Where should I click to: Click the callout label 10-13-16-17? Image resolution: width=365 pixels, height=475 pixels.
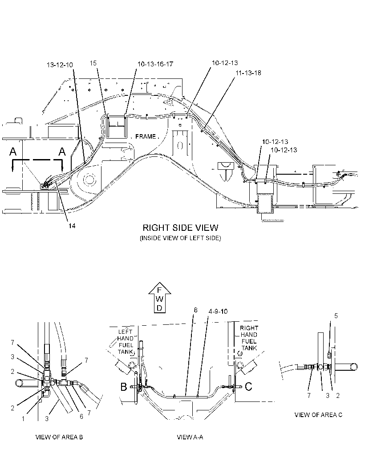pos(155,64)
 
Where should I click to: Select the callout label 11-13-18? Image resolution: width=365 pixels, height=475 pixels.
pos(248,73)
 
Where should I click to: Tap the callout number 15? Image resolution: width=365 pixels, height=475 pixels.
pos(93,63)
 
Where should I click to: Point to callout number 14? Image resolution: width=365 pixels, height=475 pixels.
pos(72,225)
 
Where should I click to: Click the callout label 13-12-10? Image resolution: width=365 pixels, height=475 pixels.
pos(60,65)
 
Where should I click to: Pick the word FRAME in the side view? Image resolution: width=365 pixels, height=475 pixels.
pos(146,137)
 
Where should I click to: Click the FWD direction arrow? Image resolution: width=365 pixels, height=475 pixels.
pos(160,298)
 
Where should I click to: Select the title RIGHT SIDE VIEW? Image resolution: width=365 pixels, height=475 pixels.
pos(180,228)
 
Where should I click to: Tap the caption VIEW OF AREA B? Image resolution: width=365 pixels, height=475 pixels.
pos(59,437)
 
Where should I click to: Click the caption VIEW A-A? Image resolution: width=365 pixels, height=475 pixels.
pos(190,437)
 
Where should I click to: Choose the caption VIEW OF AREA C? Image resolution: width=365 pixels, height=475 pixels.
pos(318,415)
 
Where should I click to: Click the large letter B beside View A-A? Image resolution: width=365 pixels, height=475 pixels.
pos(124,387)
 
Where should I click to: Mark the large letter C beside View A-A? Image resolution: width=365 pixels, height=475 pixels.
pos(248,386)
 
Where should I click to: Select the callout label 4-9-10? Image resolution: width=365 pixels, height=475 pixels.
pos(218,311)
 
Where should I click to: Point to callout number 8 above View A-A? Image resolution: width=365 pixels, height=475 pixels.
pos(195,310)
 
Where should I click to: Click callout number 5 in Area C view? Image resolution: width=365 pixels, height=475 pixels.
pos(336,316)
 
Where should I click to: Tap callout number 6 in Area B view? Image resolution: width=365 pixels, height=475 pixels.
pos(81,417)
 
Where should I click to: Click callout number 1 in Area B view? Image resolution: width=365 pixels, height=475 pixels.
pos(23,419)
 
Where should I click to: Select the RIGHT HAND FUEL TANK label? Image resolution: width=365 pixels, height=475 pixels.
pos(249,338)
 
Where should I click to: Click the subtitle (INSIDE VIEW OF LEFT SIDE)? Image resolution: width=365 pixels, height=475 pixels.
pos(180,238)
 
